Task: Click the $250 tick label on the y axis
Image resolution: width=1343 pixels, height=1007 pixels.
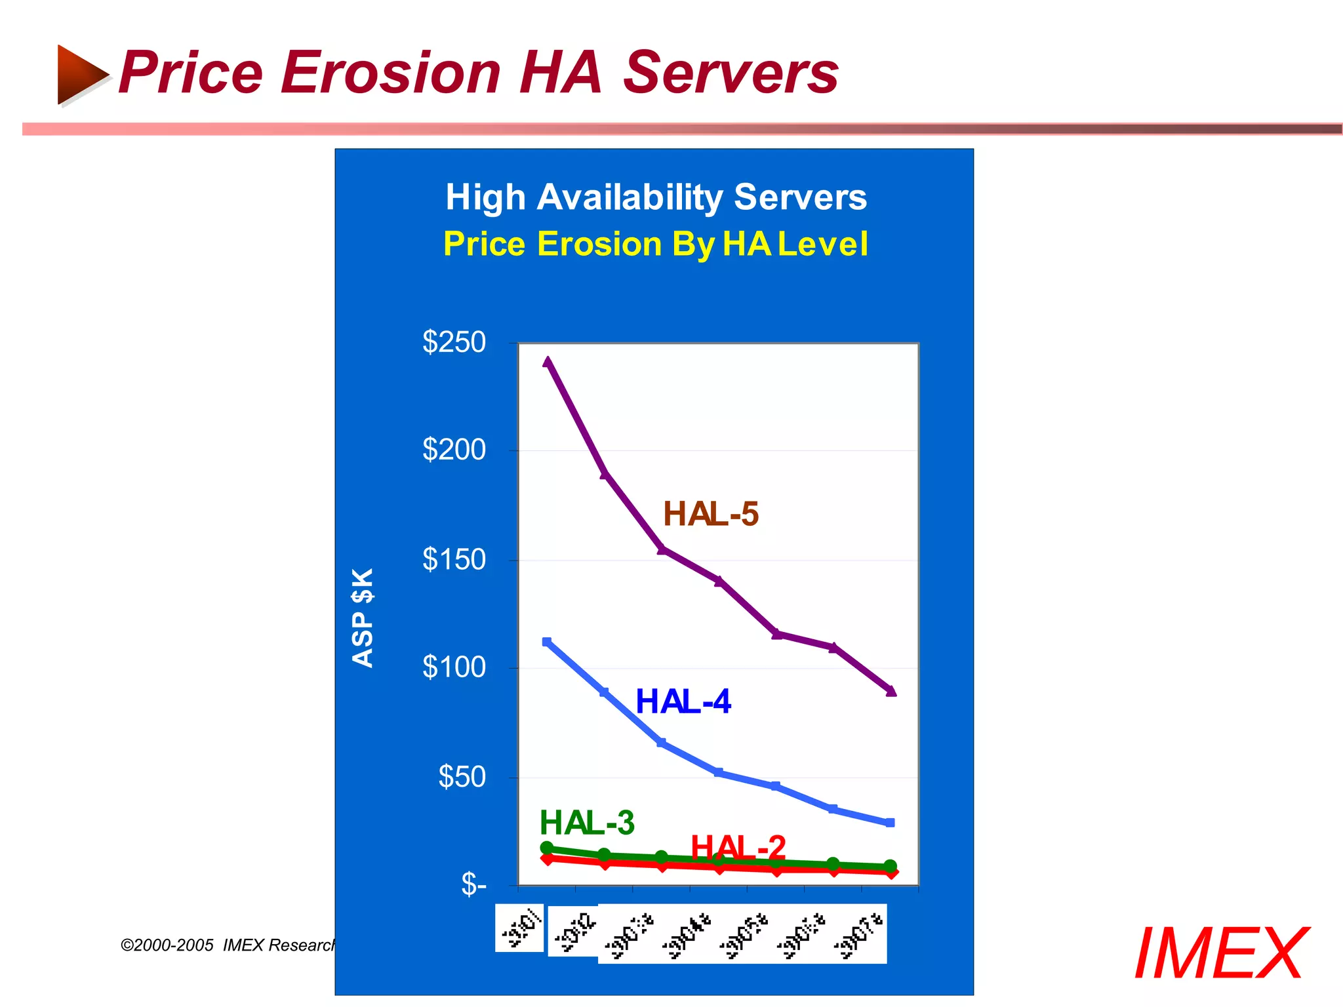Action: pos(454,342)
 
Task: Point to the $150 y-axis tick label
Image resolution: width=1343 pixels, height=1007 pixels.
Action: pos(454,560)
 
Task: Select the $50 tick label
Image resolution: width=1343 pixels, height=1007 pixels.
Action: pos(462,777)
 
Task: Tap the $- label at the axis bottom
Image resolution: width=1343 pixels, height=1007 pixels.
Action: pos(473,884)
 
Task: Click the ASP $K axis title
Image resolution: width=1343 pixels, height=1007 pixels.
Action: pos(363,618)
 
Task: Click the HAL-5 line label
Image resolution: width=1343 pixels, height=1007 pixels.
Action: pos(711,514)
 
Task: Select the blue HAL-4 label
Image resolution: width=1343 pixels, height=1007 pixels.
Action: pos(683,702)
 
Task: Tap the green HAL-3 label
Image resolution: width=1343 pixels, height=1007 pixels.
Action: pos(587,823)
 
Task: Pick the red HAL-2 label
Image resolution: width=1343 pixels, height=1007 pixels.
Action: pos(738,848)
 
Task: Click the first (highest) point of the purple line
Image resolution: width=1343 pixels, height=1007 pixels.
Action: pos(548,361)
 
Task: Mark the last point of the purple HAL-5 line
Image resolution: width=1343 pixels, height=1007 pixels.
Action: pos(891,691)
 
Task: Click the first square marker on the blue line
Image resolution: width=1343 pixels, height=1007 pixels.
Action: pos(547,642)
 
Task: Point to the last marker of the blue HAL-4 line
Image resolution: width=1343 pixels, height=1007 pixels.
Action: pos(890,823)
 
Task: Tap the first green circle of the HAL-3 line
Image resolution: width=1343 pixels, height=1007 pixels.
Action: pos(547,848)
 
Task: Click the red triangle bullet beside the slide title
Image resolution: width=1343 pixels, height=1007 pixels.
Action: pos(81,74)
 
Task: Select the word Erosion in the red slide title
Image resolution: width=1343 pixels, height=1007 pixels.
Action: pos(391,73)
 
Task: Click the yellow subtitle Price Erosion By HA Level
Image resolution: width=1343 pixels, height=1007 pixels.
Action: pos(656,245)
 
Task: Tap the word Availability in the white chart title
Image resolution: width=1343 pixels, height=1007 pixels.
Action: pos(630,197)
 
